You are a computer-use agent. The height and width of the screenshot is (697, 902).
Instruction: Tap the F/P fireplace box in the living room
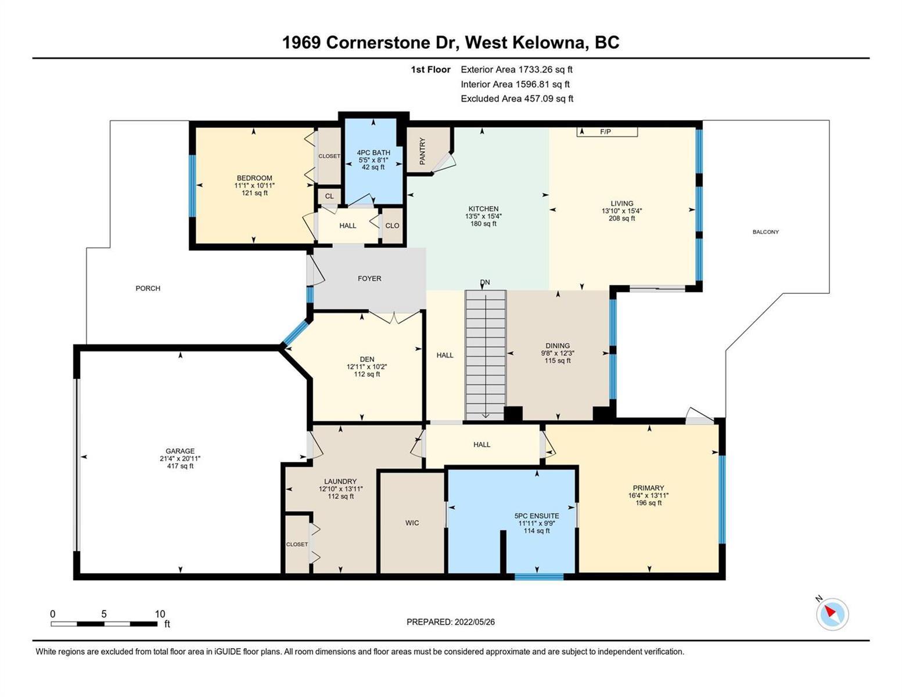[607, 132]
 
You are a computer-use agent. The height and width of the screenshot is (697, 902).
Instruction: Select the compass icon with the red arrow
[832, 614]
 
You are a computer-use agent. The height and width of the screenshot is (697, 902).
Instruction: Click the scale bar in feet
[104, 624]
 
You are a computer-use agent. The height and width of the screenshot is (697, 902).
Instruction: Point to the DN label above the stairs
[485, 282]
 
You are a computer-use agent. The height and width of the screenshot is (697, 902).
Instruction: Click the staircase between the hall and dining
[486, 355]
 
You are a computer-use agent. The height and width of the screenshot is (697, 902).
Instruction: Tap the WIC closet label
[412, 523]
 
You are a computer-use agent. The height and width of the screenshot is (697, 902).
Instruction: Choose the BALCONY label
[766, 232]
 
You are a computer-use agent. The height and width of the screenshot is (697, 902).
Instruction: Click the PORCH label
[148, 288]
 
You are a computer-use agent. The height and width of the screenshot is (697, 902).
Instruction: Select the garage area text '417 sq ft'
[180, 466]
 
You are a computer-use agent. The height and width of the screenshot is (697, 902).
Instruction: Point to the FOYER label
[369, 279]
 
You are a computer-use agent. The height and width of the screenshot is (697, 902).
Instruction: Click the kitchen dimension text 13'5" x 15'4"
[483, 216]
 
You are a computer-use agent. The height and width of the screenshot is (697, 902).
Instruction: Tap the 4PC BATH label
[373, 152]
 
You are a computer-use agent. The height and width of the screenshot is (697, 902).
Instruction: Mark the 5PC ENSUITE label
[537, 516]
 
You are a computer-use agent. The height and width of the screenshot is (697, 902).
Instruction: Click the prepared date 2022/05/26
[475, 622]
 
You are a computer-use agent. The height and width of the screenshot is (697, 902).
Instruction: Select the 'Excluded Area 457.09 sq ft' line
[517, 99]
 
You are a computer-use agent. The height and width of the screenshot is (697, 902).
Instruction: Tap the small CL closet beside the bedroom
[329, 196]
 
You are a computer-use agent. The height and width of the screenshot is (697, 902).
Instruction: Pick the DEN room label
[367, 359]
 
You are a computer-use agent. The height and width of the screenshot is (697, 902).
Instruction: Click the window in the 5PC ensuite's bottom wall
[539, 576]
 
